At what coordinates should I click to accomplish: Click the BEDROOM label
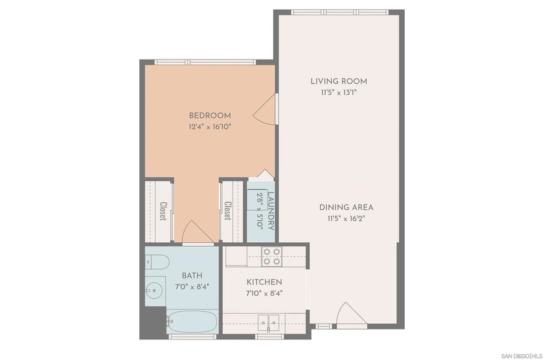pos(210,116)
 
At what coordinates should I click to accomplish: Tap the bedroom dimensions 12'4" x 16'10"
pos(210,127)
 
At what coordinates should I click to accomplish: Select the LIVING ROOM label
pos(339,82)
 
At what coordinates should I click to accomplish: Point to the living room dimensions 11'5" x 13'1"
pos(339,93)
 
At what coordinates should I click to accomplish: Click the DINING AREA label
pos(346,207)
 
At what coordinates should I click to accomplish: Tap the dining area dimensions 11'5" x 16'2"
pos(346,219)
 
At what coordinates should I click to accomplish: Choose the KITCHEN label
pos(264,282)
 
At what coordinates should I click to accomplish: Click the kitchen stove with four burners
pos(271,256)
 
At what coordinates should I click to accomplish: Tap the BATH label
pos(192,276)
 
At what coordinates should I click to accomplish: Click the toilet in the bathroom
pos(157,262)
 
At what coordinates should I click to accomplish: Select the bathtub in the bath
pos(192,322)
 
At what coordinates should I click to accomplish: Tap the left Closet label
pos(163,210)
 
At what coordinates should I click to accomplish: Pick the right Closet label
pos(227,210)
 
